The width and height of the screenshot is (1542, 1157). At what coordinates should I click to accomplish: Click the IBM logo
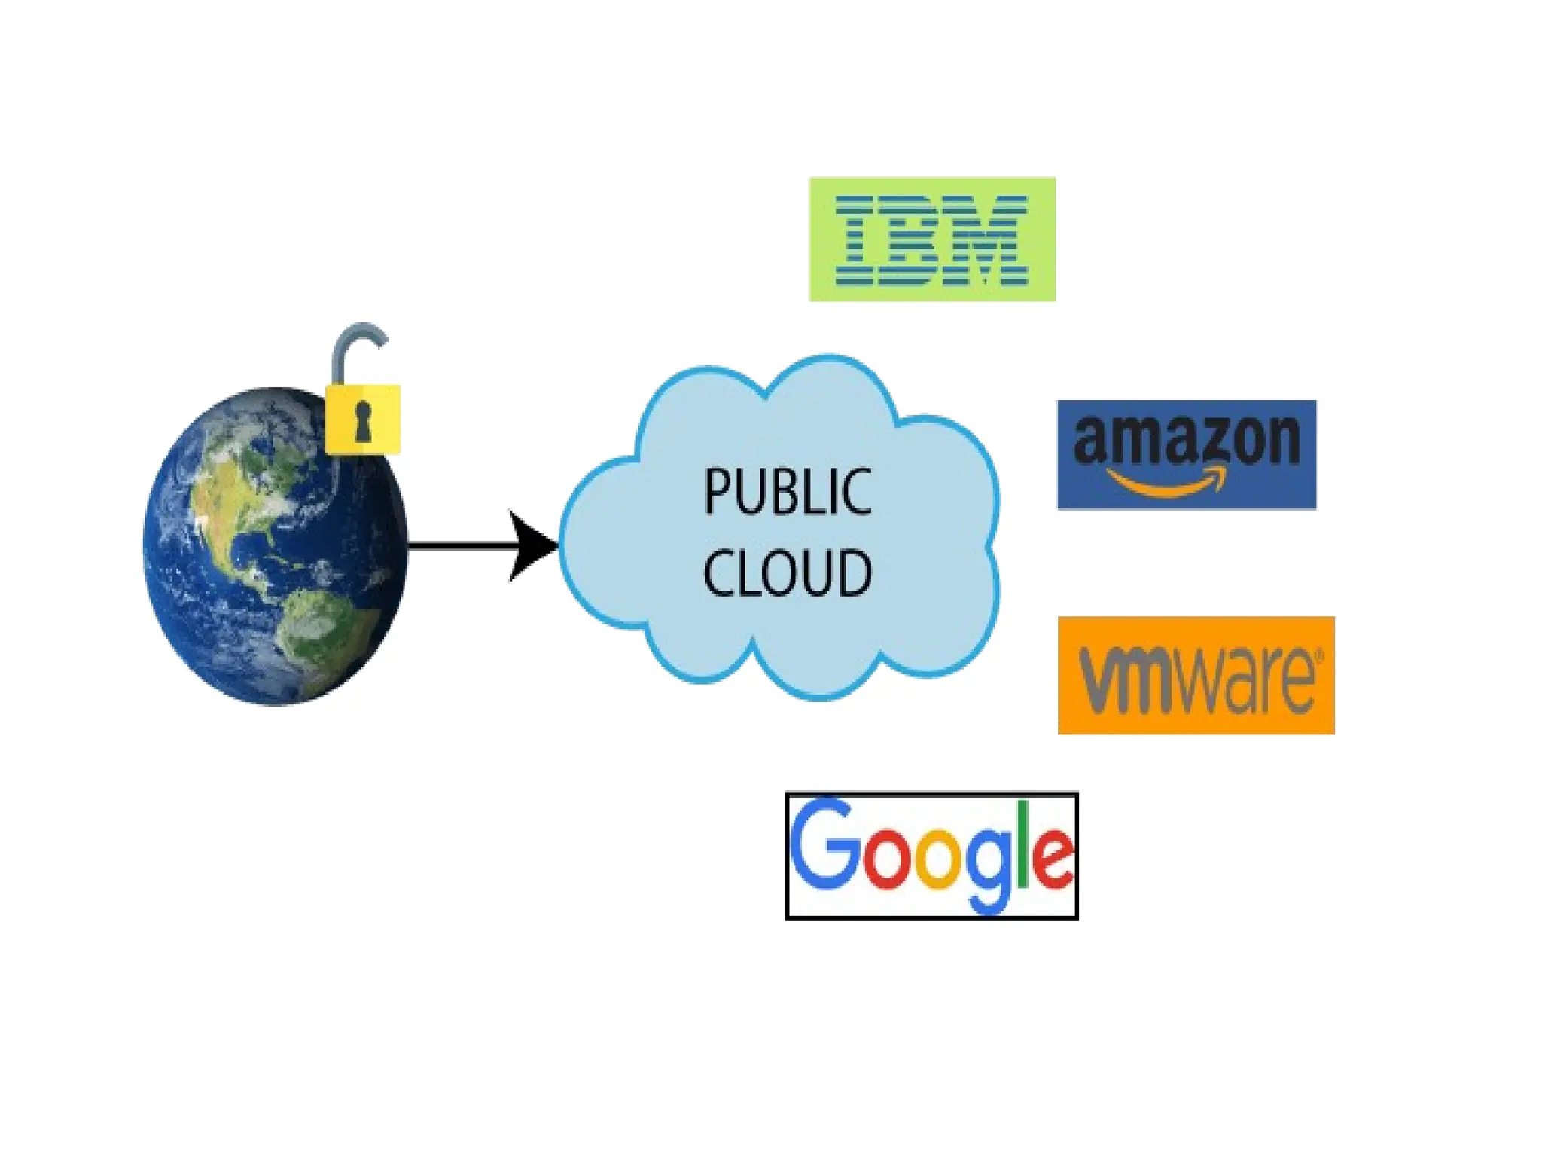coord(932,240)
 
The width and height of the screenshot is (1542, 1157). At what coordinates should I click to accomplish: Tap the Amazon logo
coord(1187,454)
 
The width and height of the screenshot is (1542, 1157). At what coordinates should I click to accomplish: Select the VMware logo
coord(1196,675)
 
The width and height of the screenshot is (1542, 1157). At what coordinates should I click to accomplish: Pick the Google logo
coord(931,856)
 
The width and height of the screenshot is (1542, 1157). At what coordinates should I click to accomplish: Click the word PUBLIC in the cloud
coord(787,492)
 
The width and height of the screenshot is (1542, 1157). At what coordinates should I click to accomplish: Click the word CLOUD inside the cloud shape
coord(787,573)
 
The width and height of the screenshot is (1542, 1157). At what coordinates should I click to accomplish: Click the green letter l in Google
coord(1023,844)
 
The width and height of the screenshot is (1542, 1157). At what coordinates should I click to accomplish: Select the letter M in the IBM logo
coord(992,240)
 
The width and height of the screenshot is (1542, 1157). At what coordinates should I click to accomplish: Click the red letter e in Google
coord(1052,859)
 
